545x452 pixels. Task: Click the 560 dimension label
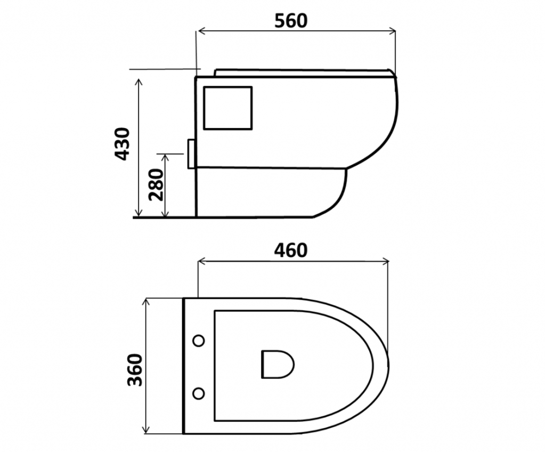[291, 20]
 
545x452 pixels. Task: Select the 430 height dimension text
[123, 144]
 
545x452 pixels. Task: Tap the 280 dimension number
[156, 185]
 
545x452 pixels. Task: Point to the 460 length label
[291, 251]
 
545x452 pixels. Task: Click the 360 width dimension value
[135, 370]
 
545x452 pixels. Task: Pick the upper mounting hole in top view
[199, 341]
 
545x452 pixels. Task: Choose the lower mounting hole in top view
[199, 393]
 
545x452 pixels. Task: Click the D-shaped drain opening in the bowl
[278, 365]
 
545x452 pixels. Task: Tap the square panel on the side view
[227, 108]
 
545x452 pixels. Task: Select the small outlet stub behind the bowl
[191, 154]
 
